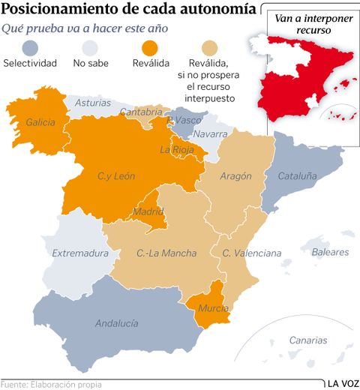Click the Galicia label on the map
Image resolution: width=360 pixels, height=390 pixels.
click(40, 121)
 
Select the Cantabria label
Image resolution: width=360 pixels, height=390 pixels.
click(140, 112)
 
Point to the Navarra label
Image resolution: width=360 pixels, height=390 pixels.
click(210, 134)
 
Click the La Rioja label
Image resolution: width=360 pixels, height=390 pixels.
click(177, 149)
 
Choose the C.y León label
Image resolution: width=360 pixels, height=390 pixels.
click(116, 176)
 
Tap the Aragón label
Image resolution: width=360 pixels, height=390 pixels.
click(235, 176)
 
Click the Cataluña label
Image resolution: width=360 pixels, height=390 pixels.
click(298, 176)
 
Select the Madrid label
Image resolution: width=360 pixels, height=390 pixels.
click(148, 211)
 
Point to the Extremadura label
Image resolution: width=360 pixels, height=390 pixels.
click(80, 253)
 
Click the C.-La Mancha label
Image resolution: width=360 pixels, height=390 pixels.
click(166, 253)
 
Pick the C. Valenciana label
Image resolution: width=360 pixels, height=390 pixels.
click(251, 253)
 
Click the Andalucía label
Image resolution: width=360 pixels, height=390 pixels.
click(116, 323)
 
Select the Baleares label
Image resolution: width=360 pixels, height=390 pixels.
click(330, 253)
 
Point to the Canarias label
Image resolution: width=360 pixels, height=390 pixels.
click(307, 340)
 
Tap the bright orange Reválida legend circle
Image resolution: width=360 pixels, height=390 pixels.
click(146, 48)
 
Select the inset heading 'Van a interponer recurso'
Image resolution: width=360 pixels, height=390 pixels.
click(311, 23)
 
